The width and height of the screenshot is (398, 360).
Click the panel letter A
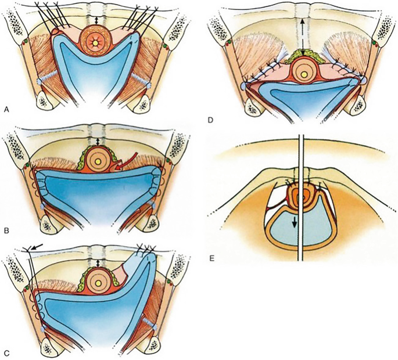tap(6, 109)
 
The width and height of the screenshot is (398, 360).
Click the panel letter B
tap(6, 231)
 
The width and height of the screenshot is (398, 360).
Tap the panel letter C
tap(6, 352)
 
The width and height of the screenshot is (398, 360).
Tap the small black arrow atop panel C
tap(37, 248)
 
